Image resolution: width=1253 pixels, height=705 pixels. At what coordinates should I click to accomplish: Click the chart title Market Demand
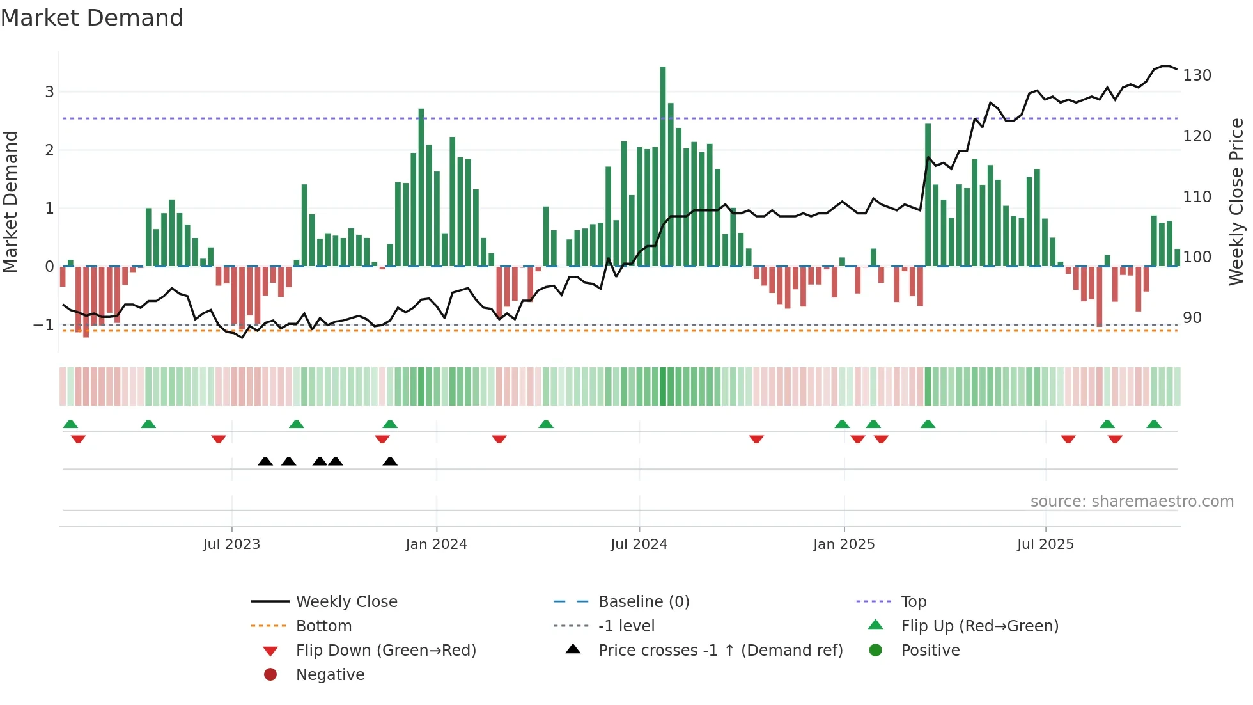92,18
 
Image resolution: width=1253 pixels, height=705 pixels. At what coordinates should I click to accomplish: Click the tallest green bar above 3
663,166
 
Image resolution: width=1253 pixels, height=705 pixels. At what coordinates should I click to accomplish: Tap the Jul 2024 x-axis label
639,544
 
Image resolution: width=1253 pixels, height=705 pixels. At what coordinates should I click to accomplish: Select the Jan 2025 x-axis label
844,544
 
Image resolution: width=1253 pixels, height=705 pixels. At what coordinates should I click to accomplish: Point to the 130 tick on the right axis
1197,75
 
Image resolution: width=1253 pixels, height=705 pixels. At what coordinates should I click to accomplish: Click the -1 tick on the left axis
43,325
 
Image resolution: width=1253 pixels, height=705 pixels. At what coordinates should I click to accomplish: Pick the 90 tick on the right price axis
1192,318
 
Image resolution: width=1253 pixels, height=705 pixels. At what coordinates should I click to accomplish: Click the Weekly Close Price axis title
1236,202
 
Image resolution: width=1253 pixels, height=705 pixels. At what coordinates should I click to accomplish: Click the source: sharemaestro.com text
1132,502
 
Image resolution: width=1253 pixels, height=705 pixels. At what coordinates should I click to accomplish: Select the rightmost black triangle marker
390,462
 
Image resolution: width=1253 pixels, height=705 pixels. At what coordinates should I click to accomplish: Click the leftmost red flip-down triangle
78,439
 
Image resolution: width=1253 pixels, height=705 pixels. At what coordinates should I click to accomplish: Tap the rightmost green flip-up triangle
1154,424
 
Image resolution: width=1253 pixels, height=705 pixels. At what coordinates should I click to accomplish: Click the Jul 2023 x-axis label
231,544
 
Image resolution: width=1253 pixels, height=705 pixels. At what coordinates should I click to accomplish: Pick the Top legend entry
913,602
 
